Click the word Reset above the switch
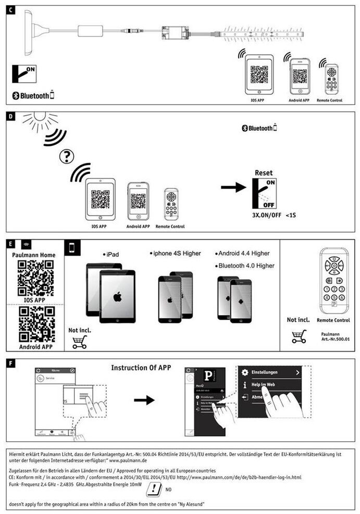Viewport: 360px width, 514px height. click(264, 172)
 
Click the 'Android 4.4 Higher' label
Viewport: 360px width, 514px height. click(244, 253)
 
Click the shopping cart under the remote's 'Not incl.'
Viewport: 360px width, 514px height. click(299, 336)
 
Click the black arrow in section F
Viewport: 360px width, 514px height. click(144, 400)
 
